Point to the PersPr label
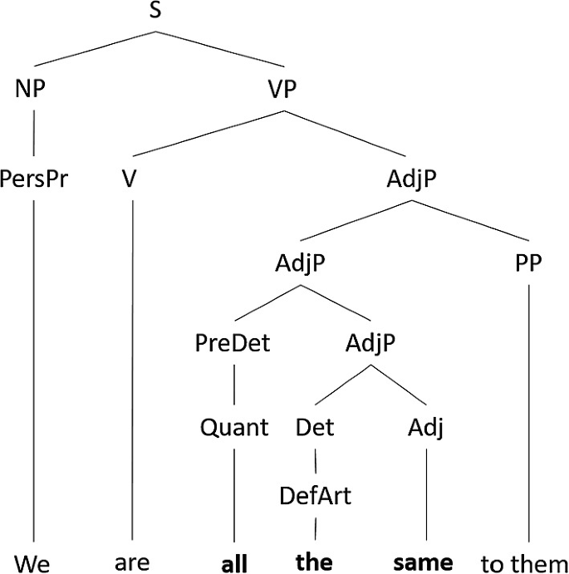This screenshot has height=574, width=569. pyautogui.click(x=33, y=180)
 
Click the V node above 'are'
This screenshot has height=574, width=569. pyautogui.click(x=128, y=180)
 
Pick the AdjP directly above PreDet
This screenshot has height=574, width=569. pyautogui.click(x=300, y=264)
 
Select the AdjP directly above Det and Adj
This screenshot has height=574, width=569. pyautogui.click(x=370, y=343)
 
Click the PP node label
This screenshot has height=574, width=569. pyautogui.click(x=527, y=264)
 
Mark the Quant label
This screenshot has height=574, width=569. pyautogui.click(x=235, y=428)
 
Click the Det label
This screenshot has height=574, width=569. pyautogui.click(x=315, y=428)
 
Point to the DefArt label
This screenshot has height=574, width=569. pyautogui.click(x=315, y=496)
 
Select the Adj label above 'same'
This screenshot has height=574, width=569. pyautogui.click(x=426, y=428)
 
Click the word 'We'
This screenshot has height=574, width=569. pyautogui.click(x=32, y=563)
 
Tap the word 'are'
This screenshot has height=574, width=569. pyautogui.click(x=132, y=563)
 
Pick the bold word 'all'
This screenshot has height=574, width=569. pyautogui.click(x=235, y=563)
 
